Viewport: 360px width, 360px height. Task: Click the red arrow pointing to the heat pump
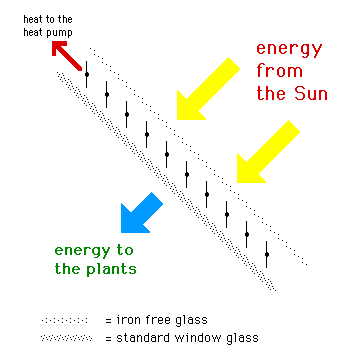(67, 56)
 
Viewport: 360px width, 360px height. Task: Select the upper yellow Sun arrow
(207, 89)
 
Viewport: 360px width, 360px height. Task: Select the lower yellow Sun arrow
(267, 153)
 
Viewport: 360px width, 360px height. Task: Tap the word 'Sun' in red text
(311, 94)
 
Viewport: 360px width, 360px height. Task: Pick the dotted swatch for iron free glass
(64, 321)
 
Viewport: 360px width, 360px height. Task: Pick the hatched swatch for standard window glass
(66, 338)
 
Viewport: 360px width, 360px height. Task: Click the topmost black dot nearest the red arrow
(87, 74)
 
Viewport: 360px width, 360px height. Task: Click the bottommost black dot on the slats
(267, 254)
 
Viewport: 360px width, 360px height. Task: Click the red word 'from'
(279, 72)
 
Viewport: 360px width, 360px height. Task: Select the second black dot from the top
(107, 94)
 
